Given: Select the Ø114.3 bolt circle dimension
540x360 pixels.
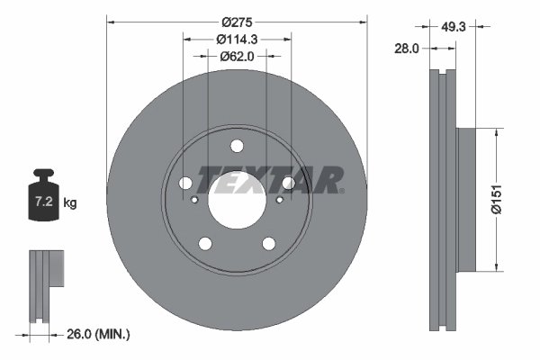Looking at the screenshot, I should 237,39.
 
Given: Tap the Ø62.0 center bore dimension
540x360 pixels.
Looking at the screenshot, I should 237,56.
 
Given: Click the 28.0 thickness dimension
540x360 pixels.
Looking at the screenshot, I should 407,49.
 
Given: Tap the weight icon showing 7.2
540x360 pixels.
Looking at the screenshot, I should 43,190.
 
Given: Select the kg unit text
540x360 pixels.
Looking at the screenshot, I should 71,203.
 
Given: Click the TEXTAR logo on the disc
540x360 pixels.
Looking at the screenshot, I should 270,179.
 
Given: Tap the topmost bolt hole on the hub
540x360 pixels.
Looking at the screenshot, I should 237,147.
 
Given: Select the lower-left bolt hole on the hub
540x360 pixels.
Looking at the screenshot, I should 205,243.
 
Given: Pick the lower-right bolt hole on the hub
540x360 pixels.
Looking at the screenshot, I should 268,243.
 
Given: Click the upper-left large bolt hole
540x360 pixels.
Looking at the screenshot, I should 185,184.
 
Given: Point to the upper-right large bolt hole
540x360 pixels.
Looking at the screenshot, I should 288,184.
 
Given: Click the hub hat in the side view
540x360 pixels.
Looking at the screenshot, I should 465,199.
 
